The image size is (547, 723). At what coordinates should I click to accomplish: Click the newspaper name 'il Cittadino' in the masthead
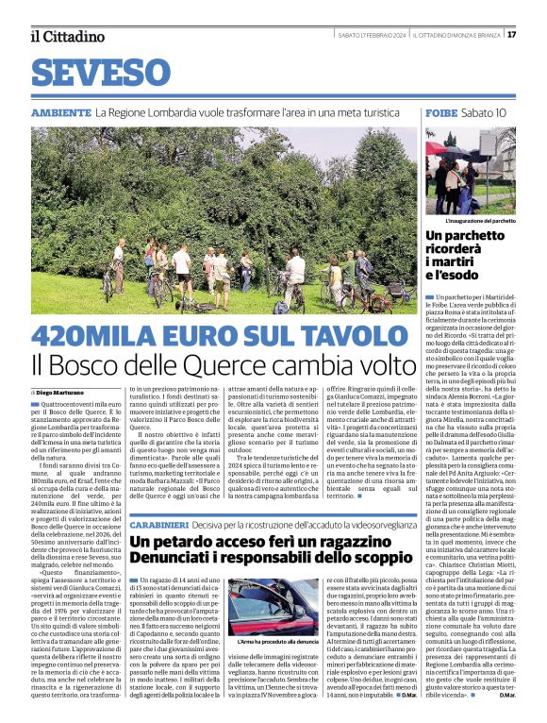(67, 36)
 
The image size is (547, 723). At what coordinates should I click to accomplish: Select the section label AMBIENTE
(60, 112)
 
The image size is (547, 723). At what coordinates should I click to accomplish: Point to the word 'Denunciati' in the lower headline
(174, 561)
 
